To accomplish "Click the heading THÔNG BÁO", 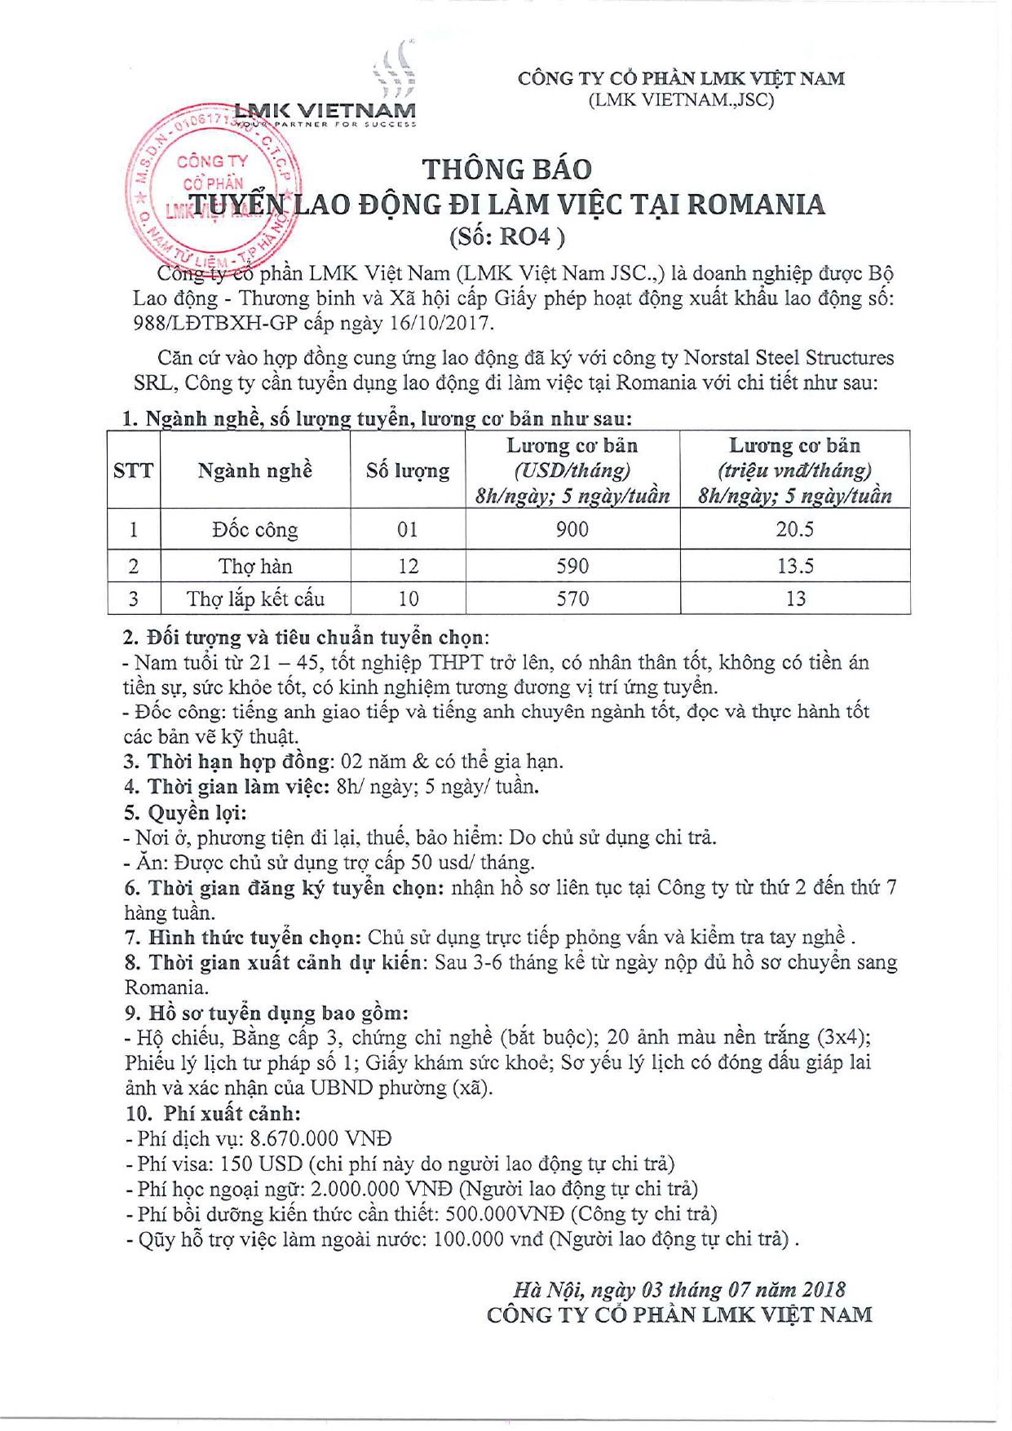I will [506, 169].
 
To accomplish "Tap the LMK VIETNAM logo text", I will [325, 110].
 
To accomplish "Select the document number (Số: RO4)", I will [506, 236].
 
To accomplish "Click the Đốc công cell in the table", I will [255, 530].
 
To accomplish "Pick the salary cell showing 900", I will [572, 530].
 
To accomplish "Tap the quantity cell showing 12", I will [408, 566].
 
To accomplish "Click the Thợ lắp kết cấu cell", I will [255, 599].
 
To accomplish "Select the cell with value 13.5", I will [795, 566].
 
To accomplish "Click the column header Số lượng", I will [408, 470].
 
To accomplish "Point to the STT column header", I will [134, 470].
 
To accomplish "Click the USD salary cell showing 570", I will [572, 599].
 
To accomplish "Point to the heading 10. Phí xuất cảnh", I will [213, 1113].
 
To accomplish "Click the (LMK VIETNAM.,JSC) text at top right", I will [681, 99].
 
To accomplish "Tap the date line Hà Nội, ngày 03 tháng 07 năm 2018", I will [679, 1289].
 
